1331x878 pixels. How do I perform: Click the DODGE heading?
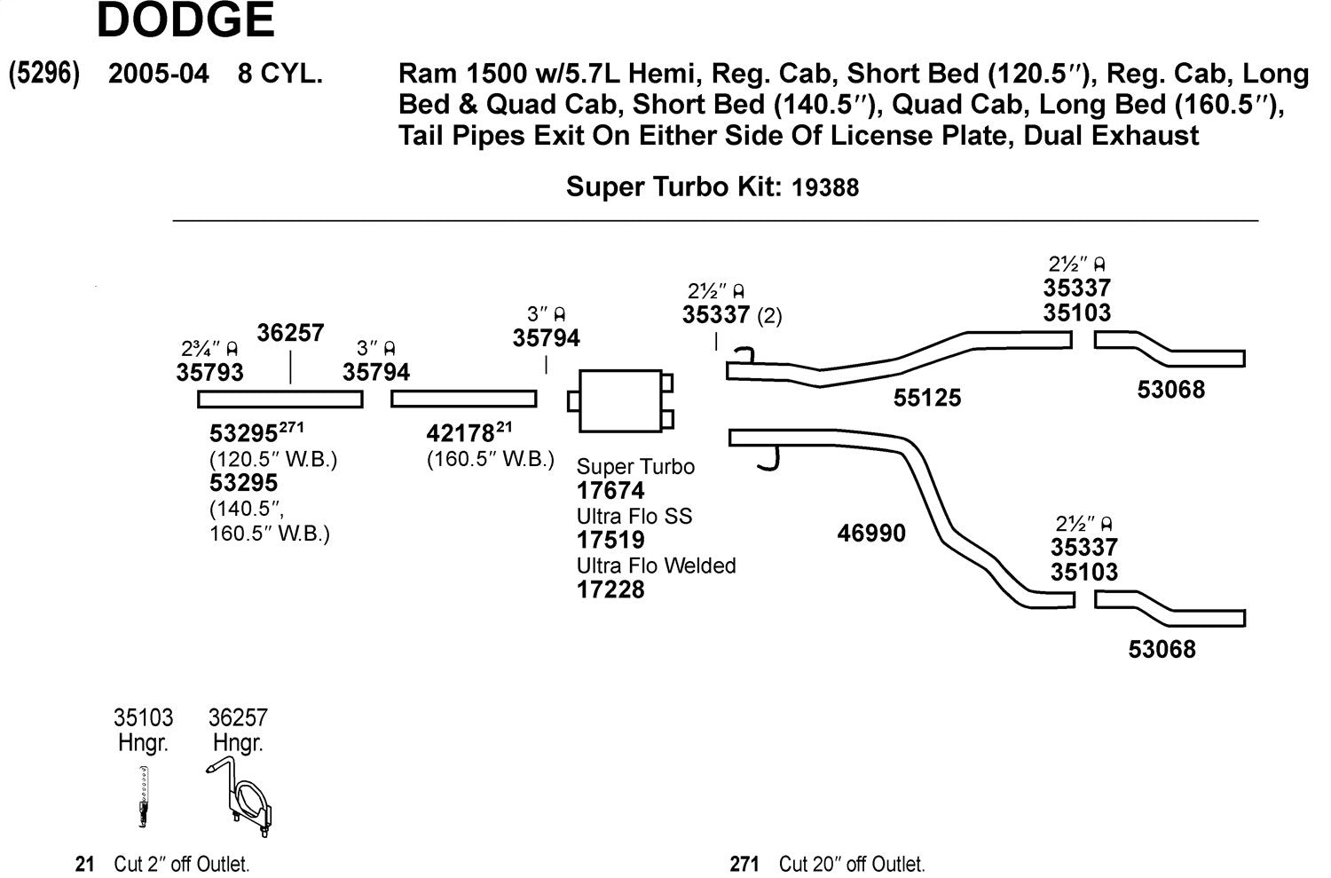[x=185, y=20]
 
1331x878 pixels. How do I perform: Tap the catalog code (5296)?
[x=43, y=74]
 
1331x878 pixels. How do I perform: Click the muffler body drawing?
[x=619, y=401]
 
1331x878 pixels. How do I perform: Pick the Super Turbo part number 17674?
[x=610, y=491]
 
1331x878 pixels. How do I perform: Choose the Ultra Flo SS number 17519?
[x=610, y=540]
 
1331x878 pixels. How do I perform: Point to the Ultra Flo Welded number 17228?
[x=610, y=589]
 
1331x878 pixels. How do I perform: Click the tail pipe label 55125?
[x=926, y=398]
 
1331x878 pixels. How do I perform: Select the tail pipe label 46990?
[x=871, y=534]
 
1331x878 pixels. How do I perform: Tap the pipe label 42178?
[x=460, y=434]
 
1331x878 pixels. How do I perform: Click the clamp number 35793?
[x=209, y=372]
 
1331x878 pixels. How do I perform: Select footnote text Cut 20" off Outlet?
[x=851, y=864]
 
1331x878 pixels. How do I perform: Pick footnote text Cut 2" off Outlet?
[x=181, y=864]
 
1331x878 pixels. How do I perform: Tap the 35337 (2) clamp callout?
[x=731, y=315]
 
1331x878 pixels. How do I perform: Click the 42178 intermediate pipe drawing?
[x=463, y=399]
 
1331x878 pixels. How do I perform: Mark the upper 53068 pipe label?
[x=1170, y=390]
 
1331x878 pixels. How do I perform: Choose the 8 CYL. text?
[x=280, y=74]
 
